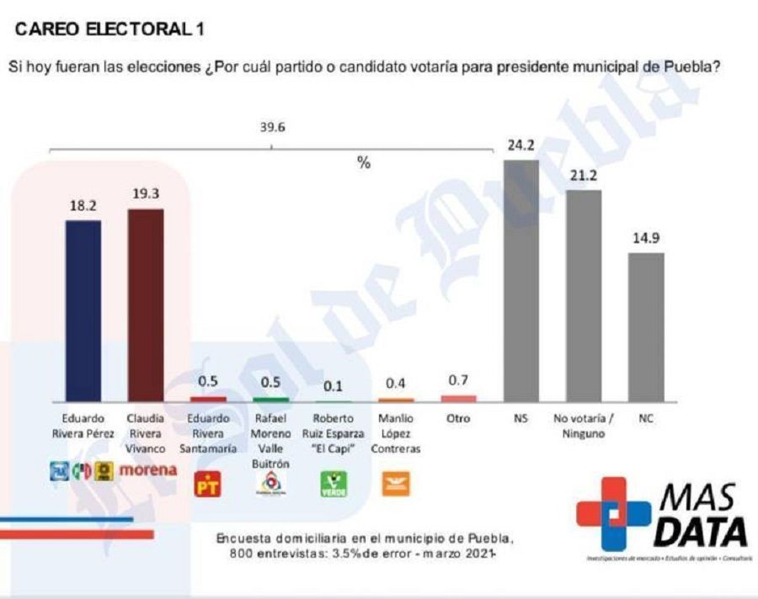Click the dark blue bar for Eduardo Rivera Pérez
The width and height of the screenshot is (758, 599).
83,310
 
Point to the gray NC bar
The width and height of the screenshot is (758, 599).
646,327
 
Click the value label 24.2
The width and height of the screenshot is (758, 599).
520,145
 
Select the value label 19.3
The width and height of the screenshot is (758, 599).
145,193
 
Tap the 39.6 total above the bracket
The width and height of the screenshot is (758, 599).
271,128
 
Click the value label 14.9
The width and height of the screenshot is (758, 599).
646,238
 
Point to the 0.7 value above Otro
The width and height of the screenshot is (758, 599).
459,380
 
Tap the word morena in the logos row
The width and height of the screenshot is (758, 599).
148,470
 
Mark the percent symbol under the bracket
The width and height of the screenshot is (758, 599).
364,163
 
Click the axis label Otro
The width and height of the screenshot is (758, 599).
459,418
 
